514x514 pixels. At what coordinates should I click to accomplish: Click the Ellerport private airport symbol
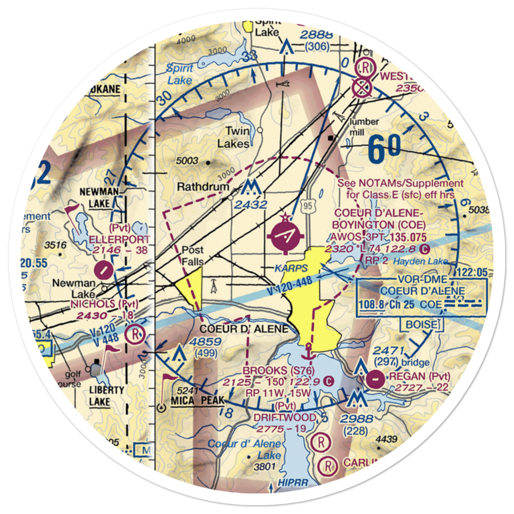point(104,268)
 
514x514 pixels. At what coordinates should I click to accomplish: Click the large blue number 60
point(384,149)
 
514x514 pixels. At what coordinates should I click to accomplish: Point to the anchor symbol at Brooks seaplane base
point(308,353)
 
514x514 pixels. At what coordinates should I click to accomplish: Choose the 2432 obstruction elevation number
point(250,205)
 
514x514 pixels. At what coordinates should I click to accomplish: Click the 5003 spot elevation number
point(186,161)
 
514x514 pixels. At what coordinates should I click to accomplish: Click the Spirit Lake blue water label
point(179,74)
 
